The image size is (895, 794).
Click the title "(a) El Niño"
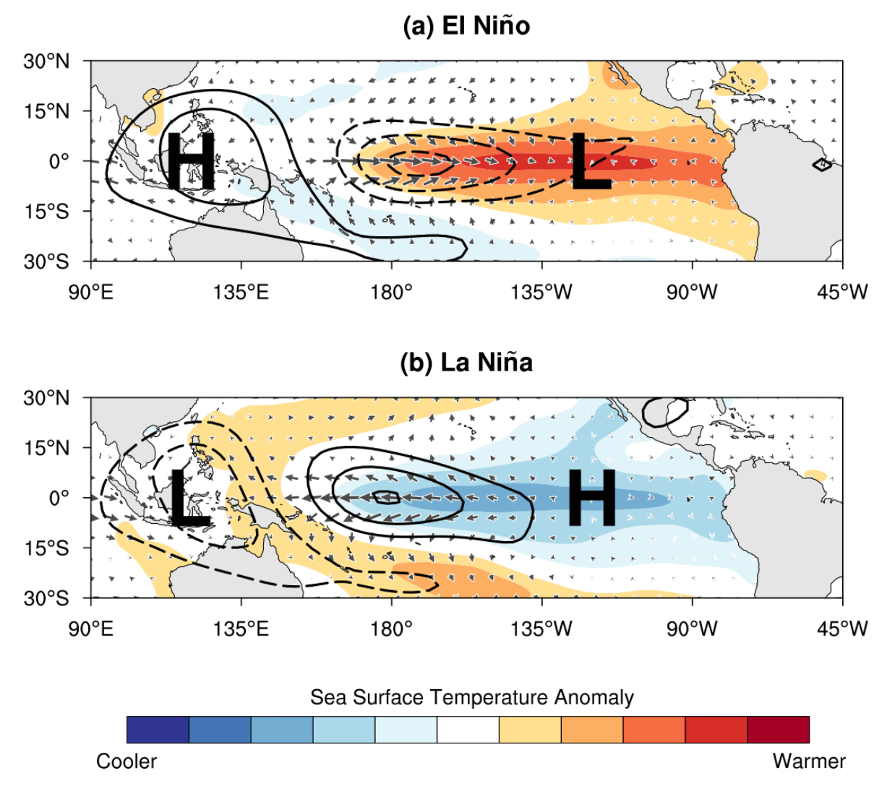(x=466, y=26)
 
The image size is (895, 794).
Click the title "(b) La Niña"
(x=466, y=362)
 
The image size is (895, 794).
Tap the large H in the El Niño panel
(x=190, y=161)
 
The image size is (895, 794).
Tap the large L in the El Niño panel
(x=591, y=162)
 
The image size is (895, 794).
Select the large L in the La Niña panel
(x=189, y=497)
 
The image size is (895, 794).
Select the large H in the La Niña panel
(x=592, y=497)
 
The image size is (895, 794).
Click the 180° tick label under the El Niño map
(x=391, y=292)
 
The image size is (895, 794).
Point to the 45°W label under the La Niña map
(x=842, y=629)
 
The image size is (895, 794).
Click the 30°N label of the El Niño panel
(x=47, y=61)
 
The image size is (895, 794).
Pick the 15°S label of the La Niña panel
(x=47, y=548)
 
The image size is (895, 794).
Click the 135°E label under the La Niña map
(x=241, y=629)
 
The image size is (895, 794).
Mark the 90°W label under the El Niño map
(x=692, y=292)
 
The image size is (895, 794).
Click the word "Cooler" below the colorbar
(x=127, y=761)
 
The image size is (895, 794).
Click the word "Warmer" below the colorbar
(x=809, y=761)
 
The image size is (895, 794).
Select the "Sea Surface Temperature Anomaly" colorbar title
(x=471, y=697)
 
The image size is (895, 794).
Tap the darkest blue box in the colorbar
(x=158, y=730)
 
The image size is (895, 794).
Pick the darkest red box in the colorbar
(x=778, y=730)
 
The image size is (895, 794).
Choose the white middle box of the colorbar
(x=468, y=730)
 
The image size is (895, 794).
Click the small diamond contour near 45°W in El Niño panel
(x=822, y=165)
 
